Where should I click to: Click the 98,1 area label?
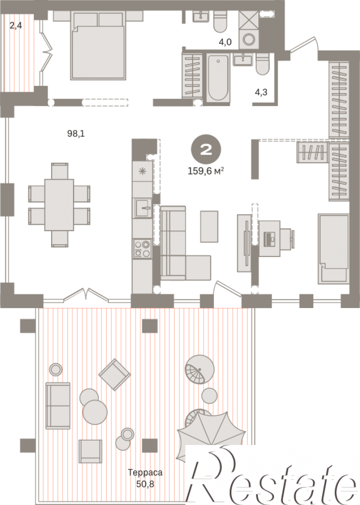pyautogui.click(x=76, y=133)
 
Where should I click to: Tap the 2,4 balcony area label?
pyautogui.click(x=15, y=25)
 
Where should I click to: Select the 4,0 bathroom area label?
pyautogui.click(x=225, y=42)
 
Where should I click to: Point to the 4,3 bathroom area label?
pyautogui.click(x=261, y=92)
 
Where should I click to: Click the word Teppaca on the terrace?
pyautogui.click(x=145, y=472)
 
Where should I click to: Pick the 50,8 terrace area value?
pyautogui.click(x=145, y=484)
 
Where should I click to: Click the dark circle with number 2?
pyautogui.click(x=206, y=149)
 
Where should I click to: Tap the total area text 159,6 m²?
pyautogui.click(x=206, y=171)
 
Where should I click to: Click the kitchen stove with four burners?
pyautogui.click(x=142, y=249)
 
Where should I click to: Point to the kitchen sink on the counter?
pyautogui.click(x=142, y=208)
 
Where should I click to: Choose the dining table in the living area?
pyautogui.click(x=59, y=205)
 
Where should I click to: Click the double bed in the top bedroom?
pyautogui.click(x=98, y=46)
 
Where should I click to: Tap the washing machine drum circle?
pyautogui.click(x=249, y=39)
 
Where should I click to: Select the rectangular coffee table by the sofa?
pyautogui.click(x=209, y=226)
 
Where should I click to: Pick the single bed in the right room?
pyautogui.click(x=334, y=249)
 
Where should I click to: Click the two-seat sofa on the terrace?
pyautogui.click(x=58, y=406)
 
